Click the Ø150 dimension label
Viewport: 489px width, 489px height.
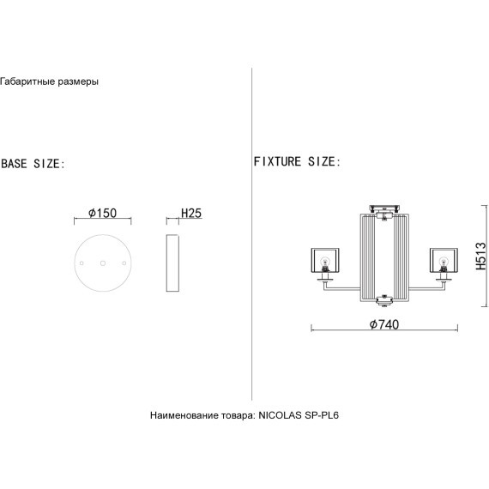[x=102, y=213]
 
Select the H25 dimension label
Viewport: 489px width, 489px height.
[x=191, y=213]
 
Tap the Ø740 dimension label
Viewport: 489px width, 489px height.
[x=384, y=324]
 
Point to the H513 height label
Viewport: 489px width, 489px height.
[x=481, y=256]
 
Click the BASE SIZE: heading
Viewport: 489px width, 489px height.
[x=33, y=164]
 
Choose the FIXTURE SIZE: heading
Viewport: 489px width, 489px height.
[x=297, y=161]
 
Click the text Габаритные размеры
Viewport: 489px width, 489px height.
[x=49, y=81]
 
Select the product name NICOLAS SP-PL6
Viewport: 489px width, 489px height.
[x=299, y=415]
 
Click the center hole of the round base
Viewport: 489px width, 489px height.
[x=103, y=263]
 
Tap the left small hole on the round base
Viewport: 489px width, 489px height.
[x=81, y=263]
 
